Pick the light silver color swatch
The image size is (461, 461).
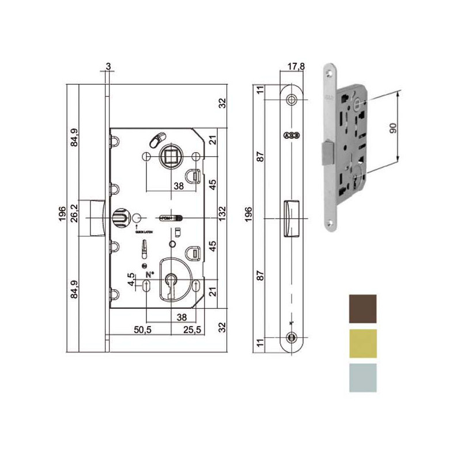point(362,377)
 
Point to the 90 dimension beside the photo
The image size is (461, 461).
point(394,128)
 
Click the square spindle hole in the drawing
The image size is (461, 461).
point(171,156)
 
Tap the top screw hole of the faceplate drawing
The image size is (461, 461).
point(290,101)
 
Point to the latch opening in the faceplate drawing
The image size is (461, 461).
point(290,218)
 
